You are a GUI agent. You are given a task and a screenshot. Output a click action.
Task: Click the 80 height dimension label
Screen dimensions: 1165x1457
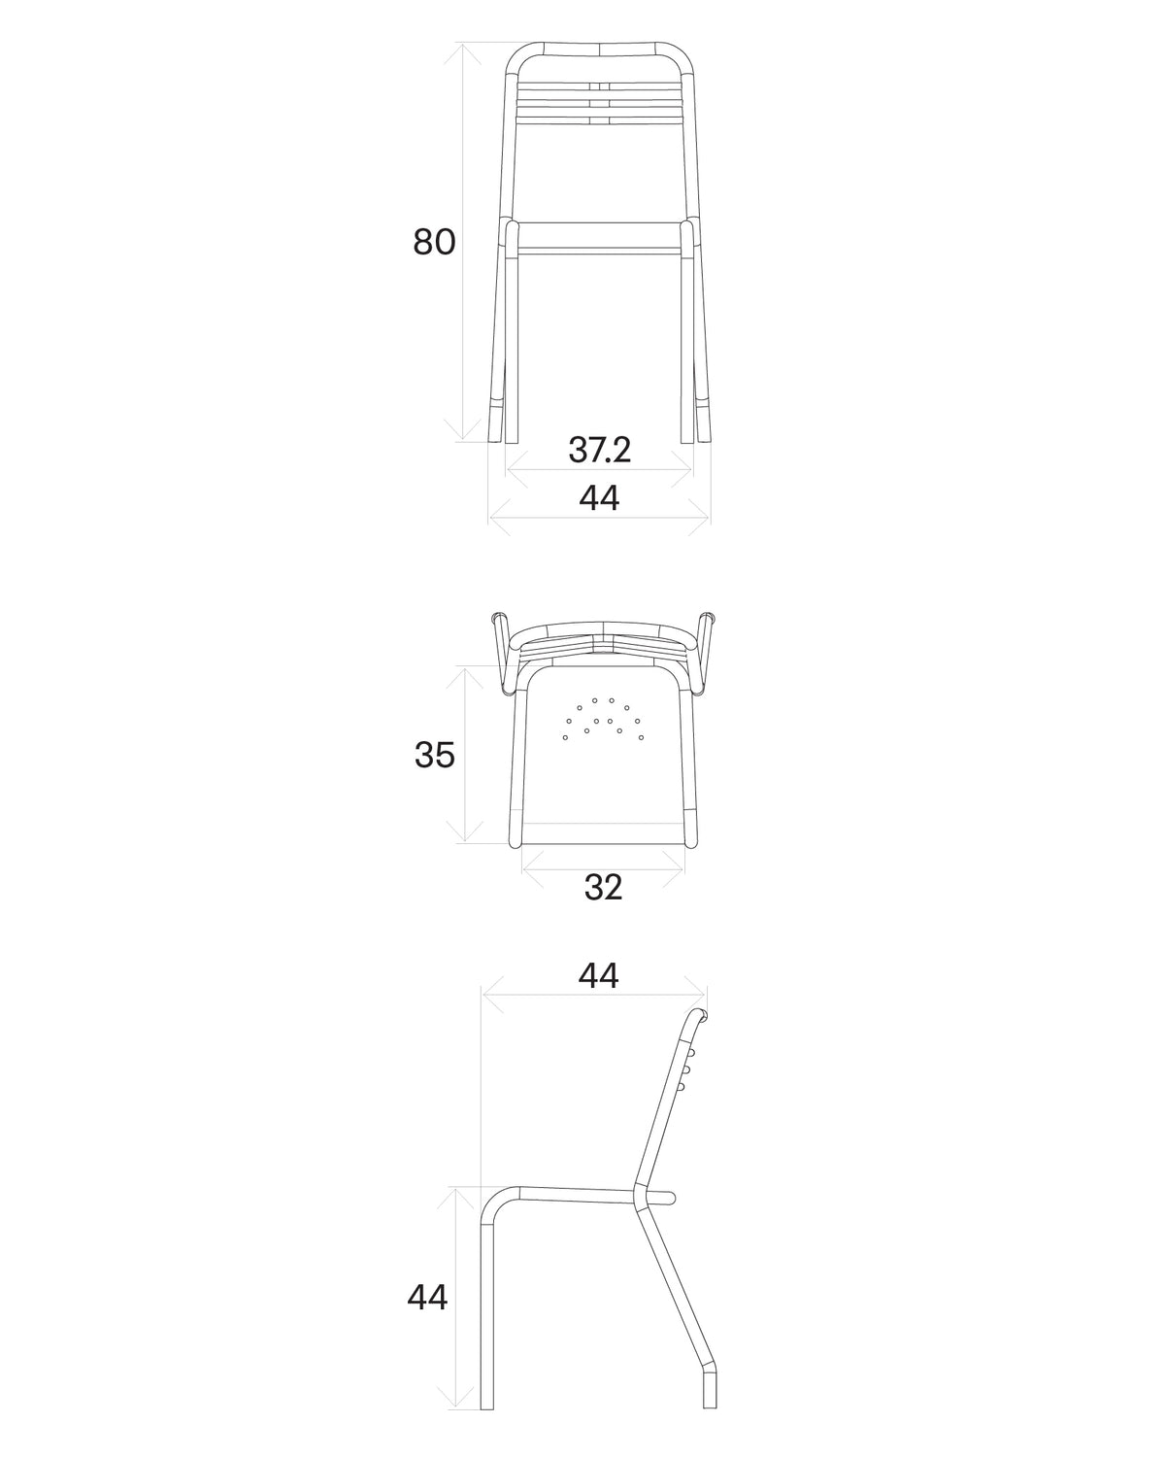pyautogui.click(x=434, y=242)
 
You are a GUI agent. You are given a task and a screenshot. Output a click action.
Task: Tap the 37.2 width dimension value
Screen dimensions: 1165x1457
pyautogui.click(x=599, y=450)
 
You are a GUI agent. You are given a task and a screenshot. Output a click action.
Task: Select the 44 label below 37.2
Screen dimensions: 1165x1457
pyautogui.click(x=599, y=498)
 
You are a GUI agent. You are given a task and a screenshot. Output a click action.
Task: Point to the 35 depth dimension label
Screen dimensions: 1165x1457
pyautogui.click(x=434, y=755)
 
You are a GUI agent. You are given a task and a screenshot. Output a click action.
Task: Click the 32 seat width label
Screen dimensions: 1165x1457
pyautogui.click(x=603, y=887)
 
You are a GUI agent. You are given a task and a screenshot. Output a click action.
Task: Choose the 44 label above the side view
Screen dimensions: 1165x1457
pyautogui.click(x=598, y=975)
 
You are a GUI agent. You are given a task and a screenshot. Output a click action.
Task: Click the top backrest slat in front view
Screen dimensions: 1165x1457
pyautogui.click(x=599, y=86)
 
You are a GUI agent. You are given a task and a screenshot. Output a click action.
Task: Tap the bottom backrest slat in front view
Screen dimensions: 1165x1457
pyautogui.click(x=599, y=119)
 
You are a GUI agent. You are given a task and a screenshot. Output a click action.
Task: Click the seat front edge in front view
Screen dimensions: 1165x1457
pyautogui.click(x=599, y=251)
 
